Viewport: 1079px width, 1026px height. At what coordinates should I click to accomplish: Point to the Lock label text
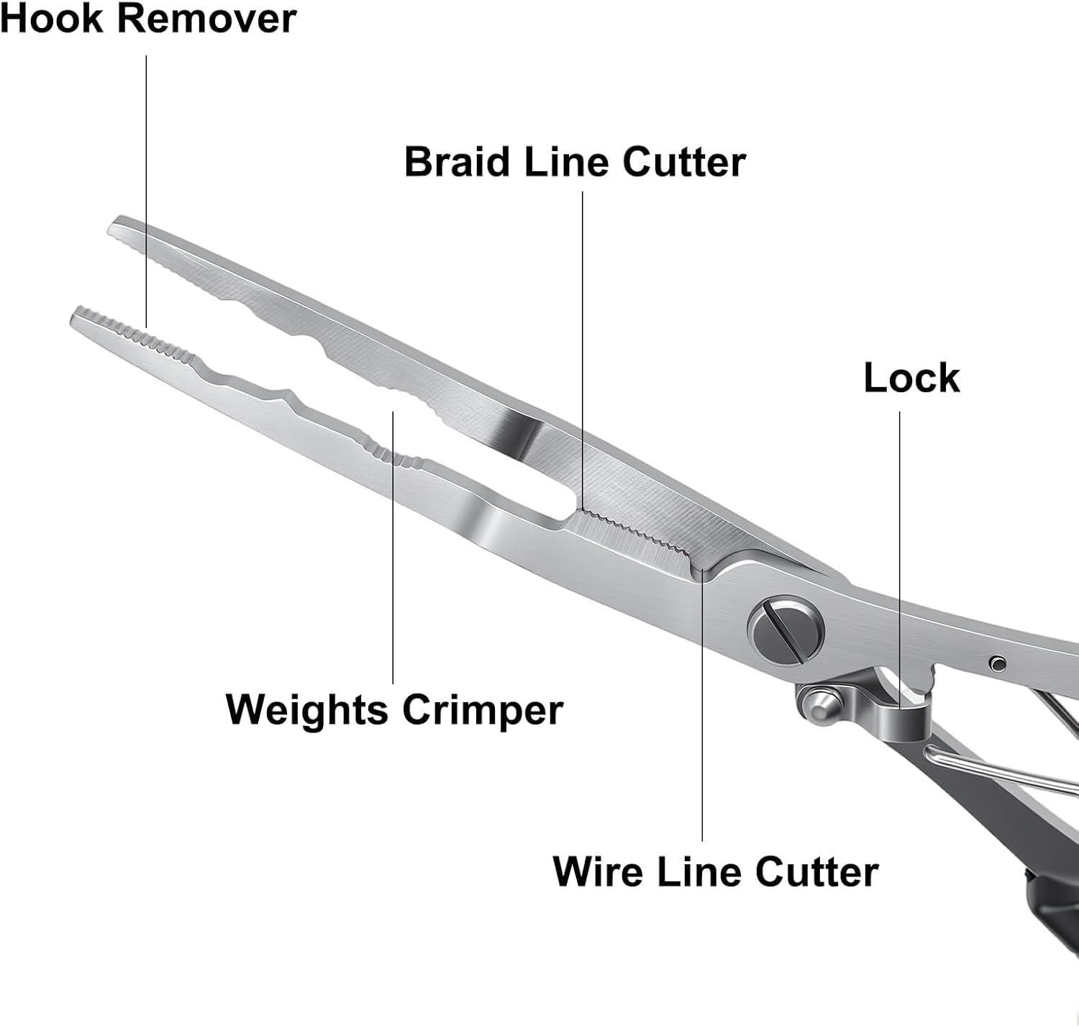click(911, 377)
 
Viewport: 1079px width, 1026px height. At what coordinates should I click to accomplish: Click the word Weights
click(306, 710)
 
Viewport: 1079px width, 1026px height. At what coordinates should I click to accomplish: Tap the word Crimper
click(482, 710)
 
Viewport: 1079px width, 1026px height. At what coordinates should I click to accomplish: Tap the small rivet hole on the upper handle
click(997, 663)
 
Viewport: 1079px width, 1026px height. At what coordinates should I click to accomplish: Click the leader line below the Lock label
click(899, 547)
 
